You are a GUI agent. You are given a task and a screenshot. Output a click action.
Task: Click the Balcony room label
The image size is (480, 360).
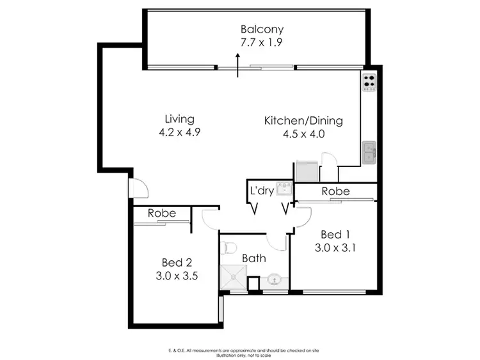pyautogui.click(x=262, y=29)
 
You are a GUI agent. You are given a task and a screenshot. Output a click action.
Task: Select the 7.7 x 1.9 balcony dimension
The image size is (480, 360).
pyautogui.click(x=262, y=43)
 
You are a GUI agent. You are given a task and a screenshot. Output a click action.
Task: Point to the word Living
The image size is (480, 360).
pyautogui.click(x=179, y=119)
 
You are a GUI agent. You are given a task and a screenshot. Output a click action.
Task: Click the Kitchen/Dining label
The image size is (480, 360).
pyautogui.click(x=304, y=120)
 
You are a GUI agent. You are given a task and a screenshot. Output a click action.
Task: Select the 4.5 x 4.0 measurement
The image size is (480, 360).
pyautogui.click(x=304, y=134)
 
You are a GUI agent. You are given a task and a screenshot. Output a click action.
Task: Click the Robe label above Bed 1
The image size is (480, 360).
pyautogui.click(x=335, y=191)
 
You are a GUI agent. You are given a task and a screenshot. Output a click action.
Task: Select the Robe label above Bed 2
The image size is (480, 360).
pyautogui.click(x=161, y=214)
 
